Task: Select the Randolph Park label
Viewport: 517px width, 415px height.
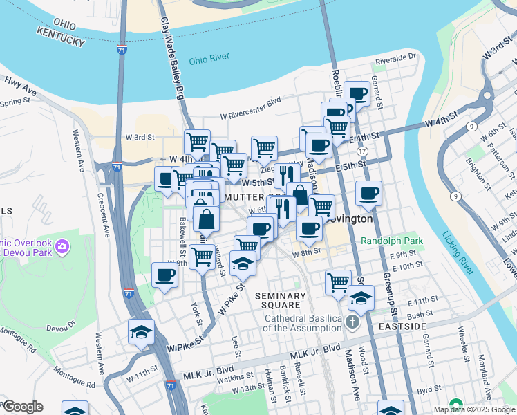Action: [391, 241]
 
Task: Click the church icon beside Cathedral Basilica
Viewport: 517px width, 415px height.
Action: [353, 322]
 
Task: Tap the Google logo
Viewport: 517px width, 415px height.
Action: [23, 407]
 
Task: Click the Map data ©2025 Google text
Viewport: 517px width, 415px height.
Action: [475, 409]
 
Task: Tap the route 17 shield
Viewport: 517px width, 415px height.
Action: [362, 151]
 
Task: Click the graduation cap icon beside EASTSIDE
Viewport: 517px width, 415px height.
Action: [360, 299]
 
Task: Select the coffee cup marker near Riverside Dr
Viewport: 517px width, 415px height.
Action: [357, 94]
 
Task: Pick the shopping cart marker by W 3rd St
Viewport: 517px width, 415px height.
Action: [198, 142]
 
